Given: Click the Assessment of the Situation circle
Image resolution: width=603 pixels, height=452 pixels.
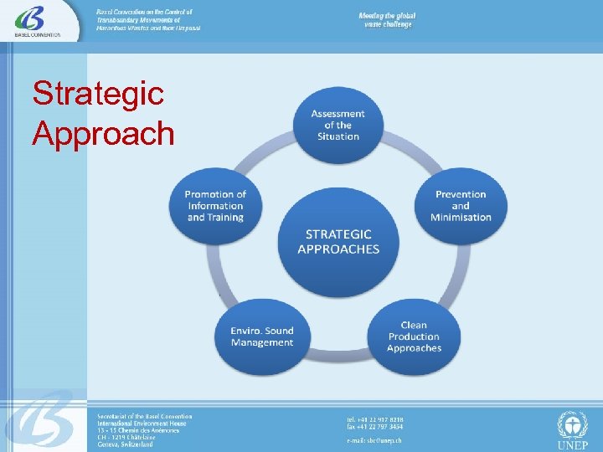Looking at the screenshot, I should tap(338, 126).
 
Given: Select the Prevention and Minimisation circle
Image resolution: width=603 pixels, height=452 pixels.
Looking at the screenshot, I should tap(461, 206).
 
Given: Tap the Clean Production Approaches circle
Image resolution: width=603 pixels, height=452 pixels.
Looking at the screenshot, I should tap(414, 336).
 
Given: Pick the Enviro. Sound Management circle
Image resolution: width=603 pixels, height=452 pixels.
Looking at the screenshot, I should tap(262, 336).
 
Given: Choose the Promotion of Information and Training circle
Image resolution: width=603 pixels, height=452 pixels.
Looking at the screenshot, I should tap(215, 206).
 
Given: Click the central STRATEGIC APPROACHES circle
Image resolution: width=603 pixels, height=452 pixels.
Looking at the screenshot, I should tap(338, 242).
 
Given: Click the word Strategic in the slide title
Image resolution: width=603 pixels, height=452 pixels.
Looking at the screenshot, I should tap(97, 94).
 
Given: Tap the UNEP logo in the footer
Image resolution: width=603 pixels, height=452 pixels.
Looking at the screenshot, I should tap(573, 429).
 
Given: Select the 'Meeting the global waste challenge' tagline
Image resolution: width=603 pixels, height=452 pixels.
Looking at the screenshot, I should tap(387, 20).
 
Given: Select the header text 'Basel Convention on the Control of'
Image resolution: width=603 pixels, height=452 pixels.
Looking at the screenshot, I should tap(145, 13).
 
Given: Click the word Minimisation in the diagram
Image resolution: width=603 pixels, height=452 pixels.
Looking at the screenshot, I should tap(461, 218).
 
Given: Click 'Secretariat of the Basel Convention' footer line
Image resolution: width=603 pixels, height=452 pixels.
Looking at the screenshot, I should tap(144, 417).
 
